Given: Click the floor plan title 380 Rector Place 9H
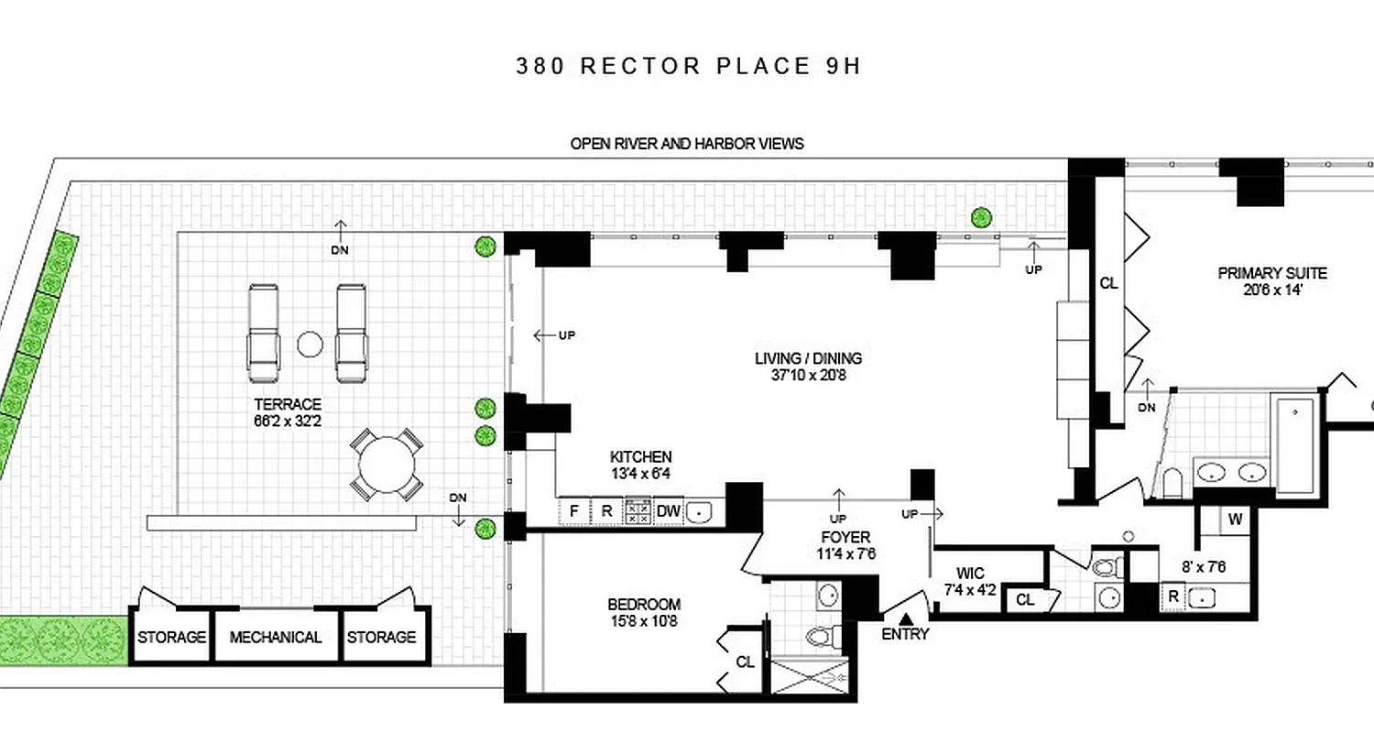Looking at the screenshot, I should pyautogui.click(x=688, y=66).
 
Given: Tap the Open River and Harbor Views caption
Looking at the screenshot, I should pyautogui.click(x=687, y=144).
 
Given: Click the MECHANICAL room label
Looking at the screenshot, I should pyautogui.click(x=275, y=638).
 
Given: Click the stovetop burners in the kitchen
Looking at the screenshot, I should pyautogui.click(x=638, y=511).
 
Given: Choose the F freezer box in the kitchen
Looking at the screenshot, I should pyautogui.click(x=575, y=511).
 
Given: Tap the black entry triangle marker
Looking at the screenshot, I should pyautogui.click(x=905, y=619).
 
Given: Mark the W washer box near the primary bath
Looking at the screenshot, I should pyautogui.click(x=1235, y=520).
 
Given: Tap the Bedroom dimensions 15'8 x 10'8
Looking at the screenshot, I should pyautogui.click(x=643, y=620).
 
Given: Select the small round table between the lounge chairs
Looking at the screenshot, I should pyautogui.click(x=310, y=345).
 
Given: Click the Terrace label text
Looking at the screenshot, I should pyautogui.click(x=288, y=404).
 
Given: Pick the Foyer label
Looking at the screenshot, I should pyautogui.click(x=845, y=537).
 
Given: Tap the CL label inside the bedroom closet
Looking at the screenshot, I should pyautogui.click(x=745, y=662).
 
